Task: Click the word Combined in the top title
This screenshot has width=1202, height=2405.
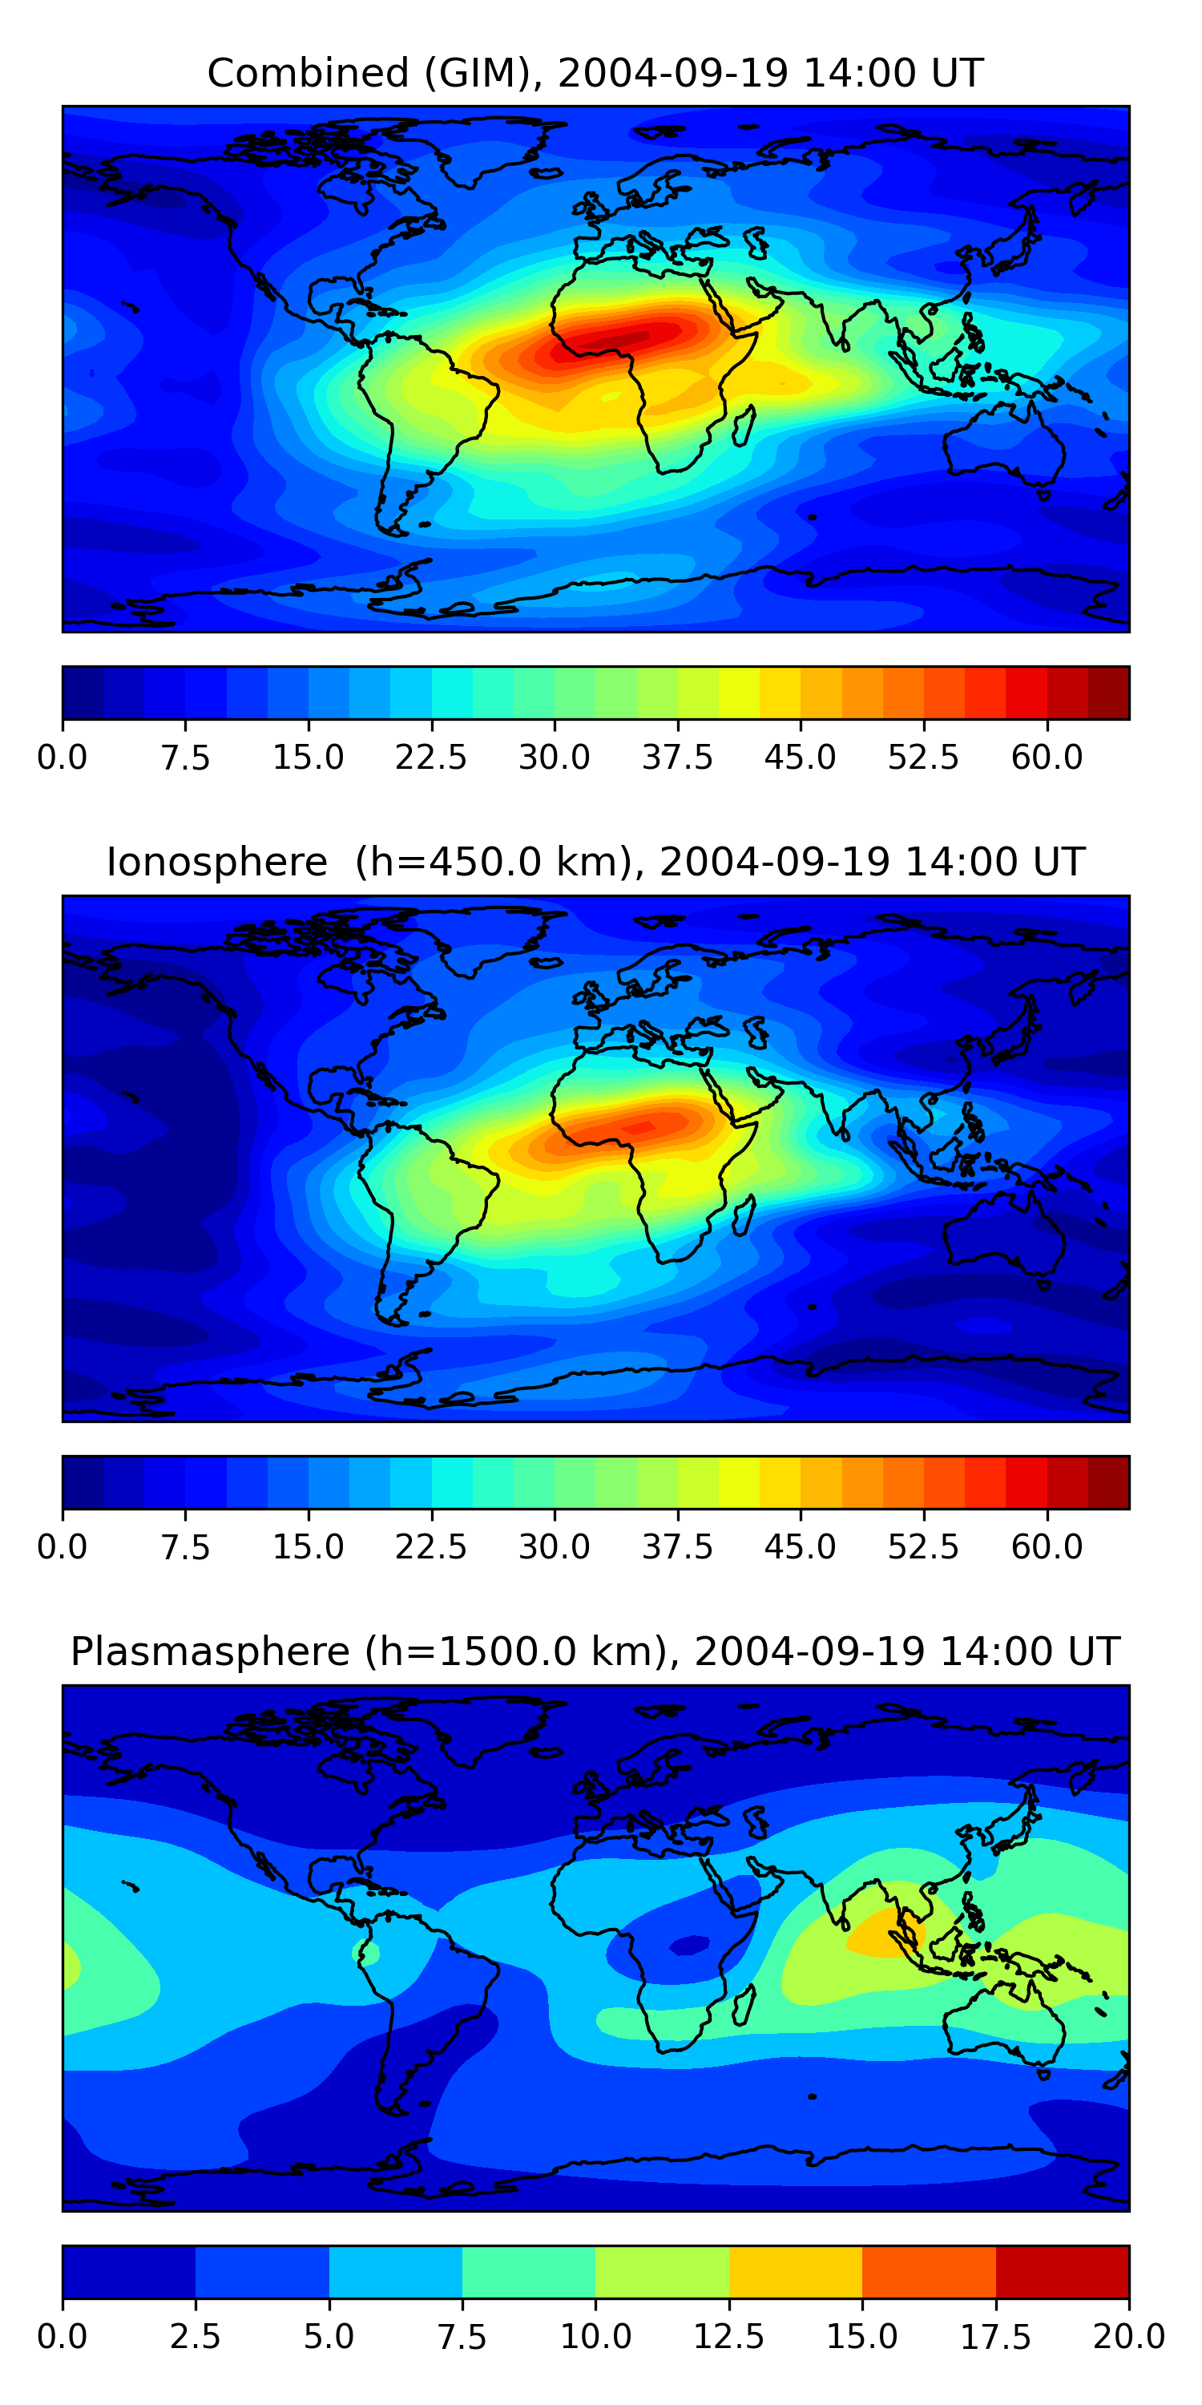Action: pyautogui.click(x=308, y=73)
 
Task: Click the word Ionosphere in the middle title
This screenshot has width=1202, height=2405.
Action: pyautogui.click(x=216, y=862)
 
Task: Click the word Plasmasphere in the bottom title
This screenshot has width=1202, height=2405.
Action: pyautogui.click(x=210, y=1651)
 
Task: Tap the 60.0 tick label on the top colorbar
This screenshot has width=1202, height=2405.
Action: pyautogui.click(x=1047, y=757)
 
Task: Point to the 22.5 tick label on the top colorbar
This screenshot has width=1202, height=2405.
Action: pyautogui.click(x=431, y=757)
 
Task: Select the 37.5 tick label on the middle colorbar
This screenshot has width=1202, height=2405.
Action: pyautogui.click(x=676, y=1547)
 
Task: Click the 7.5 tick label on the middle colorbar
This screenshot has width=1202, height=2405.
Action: pyautogui.click(x=185, y=1547)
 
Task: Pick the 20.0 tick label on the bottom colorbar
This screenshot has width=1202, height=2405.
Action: pyautogui.click(x=1128, y=2337)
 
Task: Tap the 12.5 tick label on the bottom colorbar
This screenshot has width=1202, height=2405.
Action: pyautogui.click(x=729, y=2337)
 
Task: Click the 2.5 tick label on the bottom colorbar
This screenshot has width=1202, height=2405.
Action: pyautogui.click(x=195, y=2337)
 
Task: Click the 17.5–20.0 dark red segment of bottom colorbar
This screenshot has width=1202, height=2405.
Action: pyautogui.click(x=1062, y=2271)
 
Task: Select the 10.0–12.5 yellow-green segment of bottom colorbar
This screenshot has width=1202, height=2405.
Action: pyautogui.click(x=662, y=2271)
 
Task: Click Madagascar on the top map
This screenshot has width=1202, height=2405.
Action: pyautogui.click(x=744, y=426)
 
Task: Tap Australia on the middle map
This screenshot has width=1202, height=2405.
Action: pyautogui.click(x=1003, y=1237)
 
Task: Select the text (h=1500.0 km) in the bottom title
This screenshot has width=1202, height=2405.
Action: pyautogui.click(x=517, y=1651)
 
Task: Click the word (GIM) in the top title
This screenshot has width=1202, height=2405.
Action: pyautogui.click(x=483, y=73)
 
